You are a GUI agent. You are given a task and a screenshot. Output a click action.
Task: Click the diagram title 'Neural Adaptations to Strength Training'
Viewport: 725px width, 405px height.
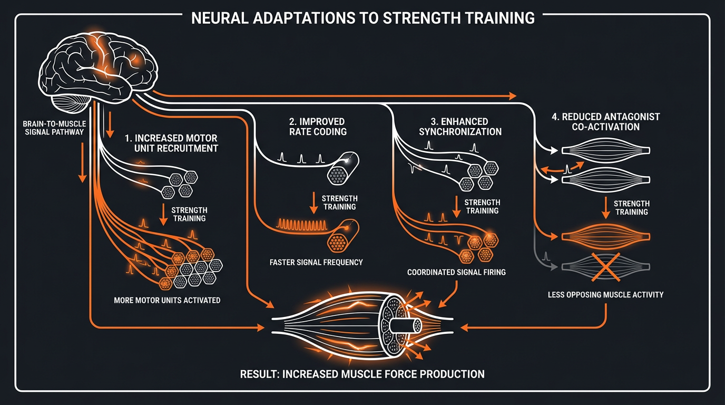pyautogui.click(x=362, y=17)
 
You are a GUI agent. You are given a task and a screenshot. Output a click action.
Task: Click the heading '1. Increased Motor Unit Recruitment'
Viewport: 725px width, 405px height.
pyautogui.click(x=171, y=143)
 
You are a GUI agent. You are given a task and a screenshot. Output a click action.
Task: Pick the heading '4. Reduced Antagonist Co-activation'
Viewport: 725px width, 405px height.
pyautogui.click(x=605, y=121)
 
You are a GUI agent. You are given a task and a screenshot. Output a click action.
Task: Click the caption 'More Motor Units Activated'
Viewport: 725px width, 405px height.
pyautogui.click(x=167, y=301)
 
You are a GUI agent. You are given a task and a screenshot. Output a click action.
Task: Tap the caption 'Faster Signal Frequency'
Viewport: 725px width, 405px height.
pyautogui.click(x=316, y=262)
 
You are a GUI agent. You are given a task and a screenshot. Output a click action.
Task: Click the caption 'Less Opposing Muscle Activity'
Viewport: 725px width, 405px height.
pyautogui.click(x=605, y=295)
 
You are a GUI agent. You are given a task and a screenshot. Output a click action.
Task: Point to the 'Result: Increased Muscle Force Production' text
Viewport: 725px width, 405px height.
pyautogui.click(x=362, y=374)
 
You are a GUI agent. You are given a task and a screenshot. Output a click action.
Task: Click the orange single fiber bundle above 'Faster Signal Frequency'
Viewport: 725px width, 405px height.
pyautogui.click(x=342, y=235)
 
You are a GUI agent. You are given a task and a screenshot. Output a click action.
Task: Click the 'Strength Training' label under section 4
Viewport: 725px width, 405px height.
pyautogui.click(x=632, y=207)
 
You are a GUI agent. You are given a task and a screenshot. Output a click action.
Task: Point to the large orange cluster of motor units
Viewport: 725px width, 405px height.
pyautogui.click(x=192, y=266)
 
